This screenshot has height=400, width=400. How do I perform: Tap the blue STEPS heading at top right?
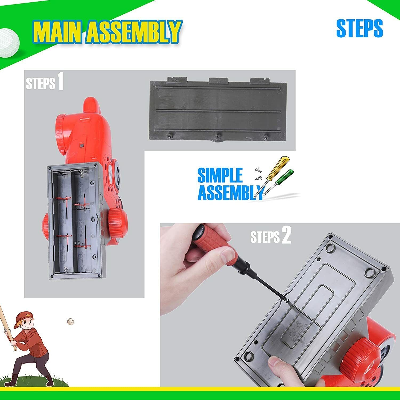click(359, 29)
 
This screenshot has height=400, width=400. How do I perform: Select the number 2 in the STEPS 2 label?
click(286, 235)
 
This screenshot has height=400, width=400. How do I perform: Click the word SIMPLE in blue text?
click(220, 175)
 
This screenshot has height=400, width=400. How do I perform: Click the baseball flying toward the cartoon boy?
click(70, 322)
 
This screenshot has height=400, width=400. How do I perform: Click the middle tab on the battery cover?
click(219, 80)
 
